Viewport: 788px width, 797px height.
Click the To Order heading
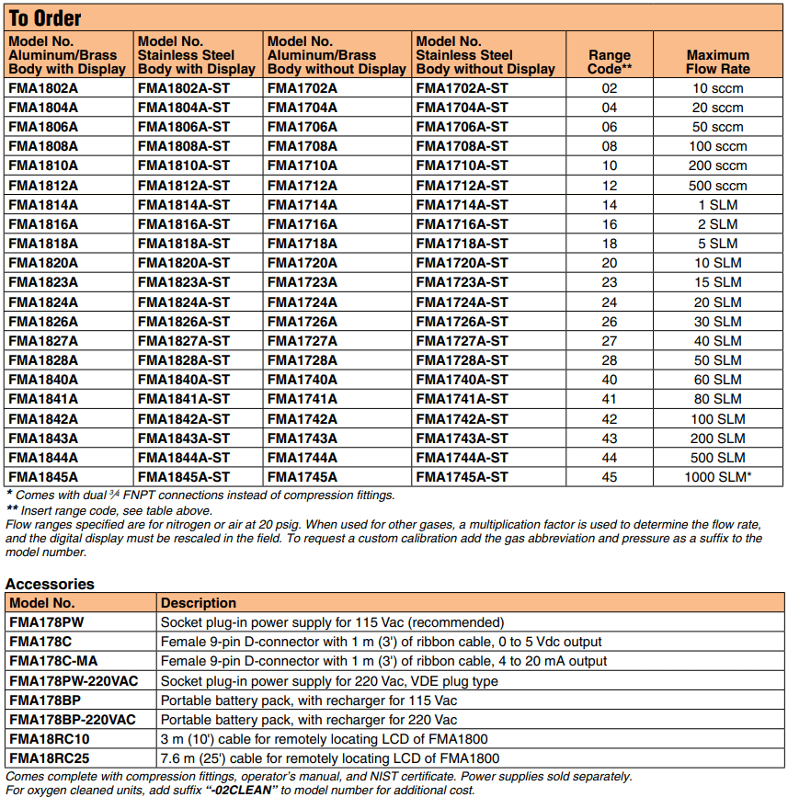(x=45, y=18)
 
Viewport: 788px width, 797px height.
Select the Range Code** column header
(x=610, y=62)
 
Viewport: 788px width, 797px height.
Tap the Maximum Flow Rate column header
(x=717, y=62)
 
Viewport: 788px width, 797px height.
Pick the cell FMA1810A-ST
(x=184, y=165)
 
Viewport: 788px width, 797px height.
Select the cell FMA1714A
(x=303, y=205)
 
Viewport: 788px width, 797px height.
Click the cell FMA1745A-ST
(x=462, y=477)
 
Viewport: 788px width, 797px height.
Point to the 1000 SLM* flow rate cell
(x=717, y=477)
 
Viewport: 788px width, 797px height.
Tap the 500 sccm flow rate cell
(x=717, y=186)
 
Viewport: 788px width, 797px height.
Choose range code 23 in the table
(x=610, y=282)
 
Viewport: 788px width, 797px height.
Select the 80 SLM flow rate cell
(x=717, y=399)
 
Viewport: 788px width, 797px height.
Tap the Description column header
(x=199, y=603)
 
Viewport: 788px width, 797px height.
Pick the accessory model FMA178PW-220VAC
(x=74, y=681)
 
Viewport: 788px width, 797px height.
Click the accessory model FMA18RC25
(x=50, y=758)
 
